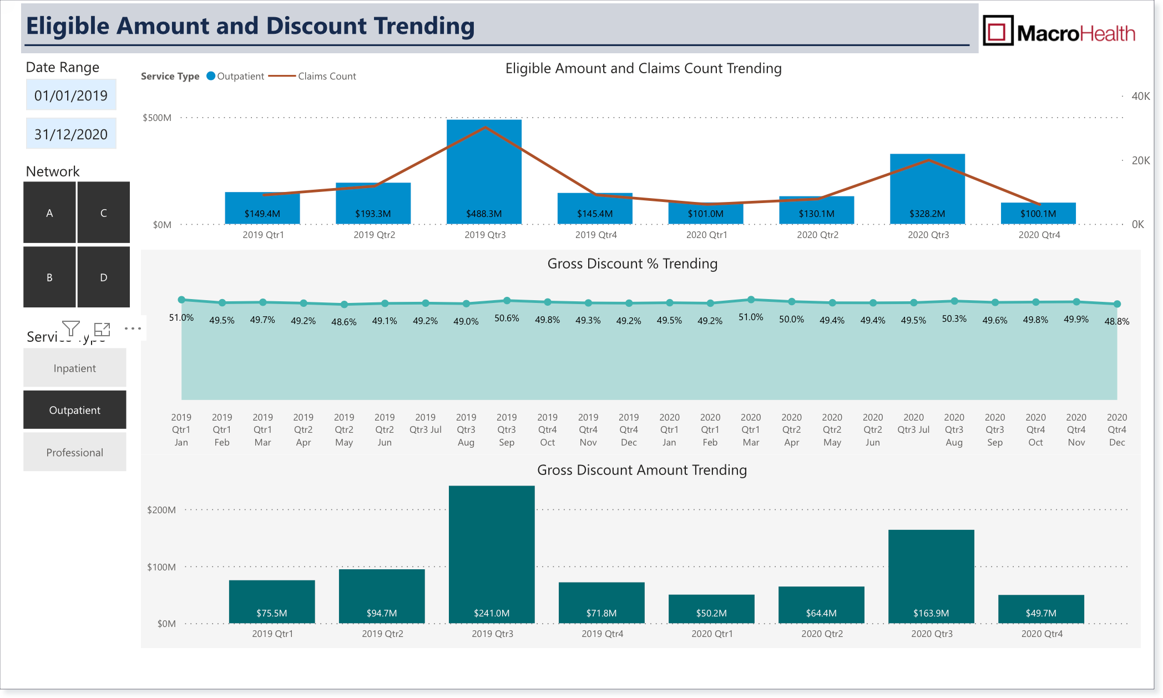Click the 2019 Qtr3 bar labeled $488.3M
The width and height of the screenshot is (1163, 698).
(x=484, y=172)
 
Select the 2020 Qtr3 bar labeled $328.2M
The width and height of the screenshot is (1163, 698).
(x=927, y=189)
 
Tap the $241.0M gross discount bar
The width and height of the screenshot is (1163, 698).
(x=492, y=554)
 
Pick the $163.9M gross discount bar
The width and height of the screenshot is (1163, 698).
(x=931, y=576)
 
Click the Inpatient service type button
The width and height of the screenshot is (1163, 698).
(x=75, y=368)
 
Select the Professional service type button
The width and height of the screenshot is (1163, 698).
(x=75, y=452)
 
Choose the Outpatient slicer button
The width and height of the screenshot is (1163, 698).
(x=75, y=410)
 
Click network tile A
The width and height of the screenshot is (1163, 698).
(x=49, y=213)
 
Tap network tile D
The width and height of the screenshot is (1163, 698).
(x=104, y=277)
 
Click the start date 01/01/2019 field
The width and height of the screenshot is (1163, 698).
(x=71, y=95)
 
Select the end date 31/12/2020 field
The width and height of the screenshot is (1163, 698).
(x=71, y=134)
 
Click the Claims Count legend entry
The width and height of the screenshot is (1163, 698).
(x=312, y=76)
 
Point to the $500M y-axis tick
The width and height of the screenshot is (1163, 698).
(x=157, y=118)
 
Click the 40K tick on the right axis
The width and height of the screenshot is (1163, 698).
(x=1141, y=96)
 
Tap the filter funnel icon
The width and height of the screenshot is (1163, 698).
(x=71, y=328)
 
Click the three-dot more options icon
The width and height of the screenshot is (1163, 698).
(x=133, y=328)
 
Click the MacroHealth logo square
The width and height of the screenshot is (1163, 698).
(x=998, y=31)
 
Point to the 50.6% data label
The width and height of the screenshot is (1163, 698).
(x=507, y=318)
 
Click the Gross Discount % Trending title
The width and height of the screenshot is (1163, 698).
(x=633, y=264)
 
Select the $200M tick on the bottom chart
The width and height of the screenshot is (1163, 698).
(x=161, y=510)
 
